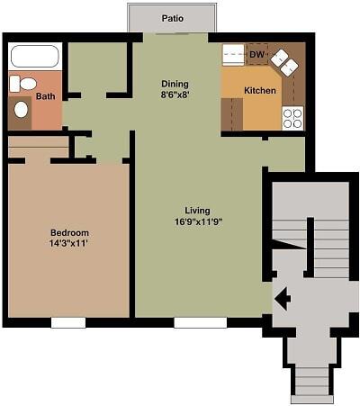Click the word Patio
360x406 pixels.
173,18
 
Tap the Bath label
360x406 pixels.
45,96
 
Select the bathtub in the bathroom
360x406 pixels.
34,57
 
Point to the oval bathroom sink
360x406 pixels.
21,110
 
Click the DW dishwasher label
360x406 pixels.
256,54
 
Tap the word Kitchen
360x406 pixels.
260,91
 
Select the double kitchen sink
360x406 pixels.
289,61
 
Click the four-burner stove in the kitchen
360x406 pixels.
293,117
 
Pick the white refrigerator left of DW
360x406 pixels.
233,54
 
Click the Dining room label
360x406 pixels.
175,83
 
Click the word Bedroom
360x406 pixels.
69,231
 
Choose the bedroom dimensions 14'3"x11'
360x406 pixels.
69,243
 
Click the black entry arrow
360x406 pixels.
282,298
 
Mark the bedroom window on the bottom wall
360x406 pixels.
68,322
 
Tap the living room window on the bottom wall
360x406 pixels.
200,322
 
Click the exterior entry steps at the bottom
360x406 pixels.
311,383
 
